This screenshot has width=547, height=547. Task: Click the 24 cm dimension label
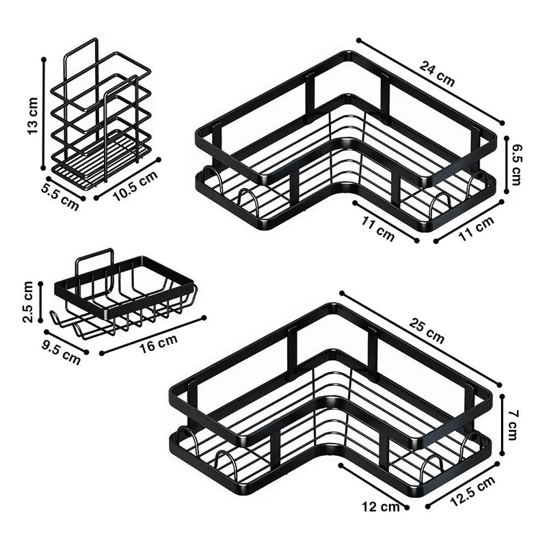tap(437, 74)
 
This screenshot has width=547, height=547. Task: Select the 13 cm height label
tap(33, 116)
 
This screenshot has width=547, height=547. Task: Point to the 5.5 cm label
tap(60, 198)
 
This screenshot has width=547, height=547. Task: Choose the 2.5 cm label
tap(27, 302)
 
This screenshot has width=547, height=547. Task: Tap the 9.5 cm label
tap(61, 352)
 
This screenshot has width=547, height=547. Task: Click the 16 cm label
tap(159, 343)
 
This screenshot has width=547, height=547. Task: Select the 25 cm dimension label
tap(426, 331)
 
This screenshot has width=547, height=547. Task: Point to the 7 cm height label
tap(511, 425)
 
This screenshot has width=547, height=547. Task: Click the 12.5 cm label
tap(472, 491)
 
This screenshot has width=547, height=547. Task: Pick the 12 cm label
tap(380, 506)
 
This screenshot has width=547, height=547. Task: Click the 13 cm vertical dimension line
tap(44, 114)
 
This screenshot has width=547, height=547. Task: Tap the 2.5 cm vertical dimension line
tap(40, 302)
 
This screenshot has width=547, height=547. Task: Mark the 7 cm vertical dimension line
tap(503, 425)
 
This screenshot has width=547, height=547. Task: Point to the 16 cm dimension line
tap(152, 336)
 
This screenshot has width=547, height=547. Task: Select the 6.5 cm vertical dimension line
tap(507, 165)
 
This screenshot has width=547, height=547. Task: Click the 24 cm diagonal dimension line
tap(431, 81)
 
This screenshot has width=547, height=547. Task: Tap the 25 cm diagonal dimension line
tap(421, 338)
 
